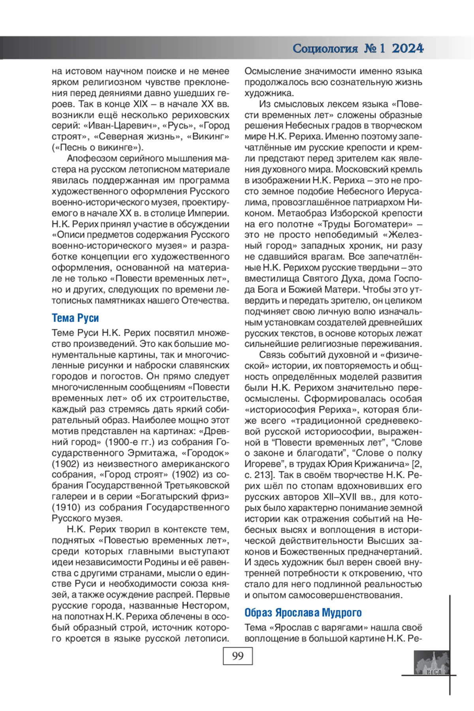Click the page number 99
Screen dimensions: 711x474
point(237,656)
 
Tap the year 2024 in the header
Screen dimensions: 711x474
point(408,49)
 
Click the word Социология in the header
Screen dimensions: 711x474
point(325,49)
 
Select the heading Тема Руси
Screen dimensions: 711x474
point(75,318)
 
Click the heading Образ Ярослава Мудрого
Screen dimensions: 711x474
point(303,613)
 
